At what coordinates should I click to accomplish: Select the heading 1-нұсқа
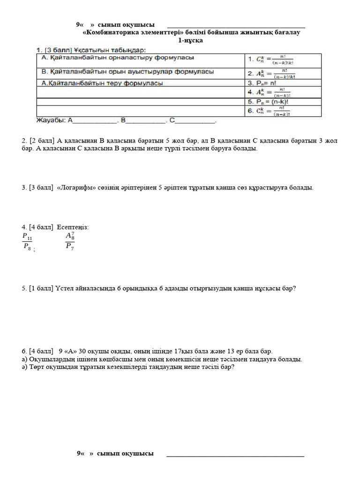click(x=190, y=41)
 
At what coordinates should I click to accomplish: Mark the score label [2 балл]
click(x=42, y=141)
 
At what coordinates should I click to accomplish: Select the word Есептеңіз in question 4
click(x=73, y=227)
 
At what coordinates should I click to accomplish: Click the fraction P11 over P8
click(x=27, y=242)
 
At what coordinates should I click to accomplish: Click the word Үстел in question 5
click(x=65, y=289)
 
